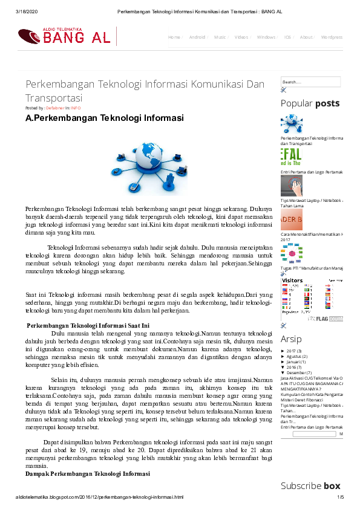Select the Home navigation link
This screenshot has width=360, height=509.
[174, 37]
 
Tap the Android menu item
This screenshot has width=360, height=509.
[197, 37]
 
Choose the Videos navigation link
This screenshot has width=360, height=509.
[241, 37]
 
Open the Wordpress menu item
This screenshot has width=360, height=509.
[332, 37]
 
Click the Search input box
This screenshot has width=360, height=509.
[310, 82]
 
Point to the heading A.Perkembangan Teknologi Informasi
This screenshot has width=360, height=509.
[104, 118]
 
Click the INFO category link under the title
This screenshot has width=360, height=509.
[76, 108]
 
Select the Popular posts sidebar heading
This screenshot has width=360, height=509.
[310, 103]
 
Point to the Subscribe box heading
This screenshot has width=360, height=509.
[310, 485]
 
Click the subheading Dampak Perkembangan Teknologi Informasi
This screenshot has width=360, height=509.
[87, 474]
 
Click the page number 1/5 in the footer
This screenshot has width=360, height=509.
[340, 498]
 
